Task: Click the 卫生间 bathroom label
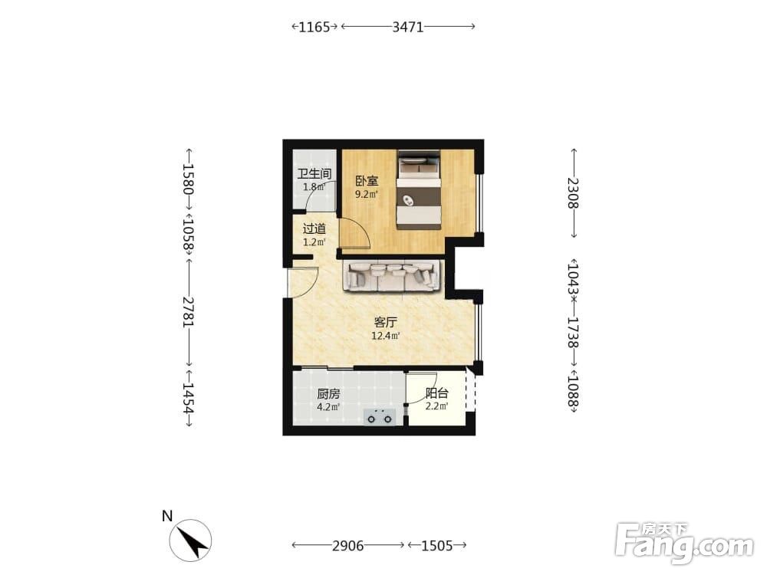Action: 314,173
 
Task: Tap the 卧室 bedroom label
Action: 367,181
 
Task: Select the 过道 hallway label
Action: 314,228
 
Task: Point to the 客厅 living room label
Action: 386,322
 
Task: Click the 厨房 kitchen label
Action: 328,393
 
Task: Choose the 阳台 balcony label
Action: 437,393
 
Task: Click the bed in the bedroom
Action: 418,189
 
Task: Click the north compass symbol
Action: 190,540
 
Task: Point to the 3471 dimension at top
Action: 408,27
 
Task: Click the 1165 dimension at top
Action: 314,27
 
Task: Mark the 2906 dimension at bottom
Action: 347,545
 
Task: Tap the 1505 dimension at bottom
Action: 437,545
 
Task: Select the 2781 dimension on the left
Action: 189,312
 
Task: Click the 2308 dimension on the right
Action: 573,193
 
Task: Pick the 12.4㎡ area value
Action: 386,336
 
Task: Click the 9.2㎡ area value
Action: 367,194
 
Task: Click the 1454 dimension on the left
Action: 189,397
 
